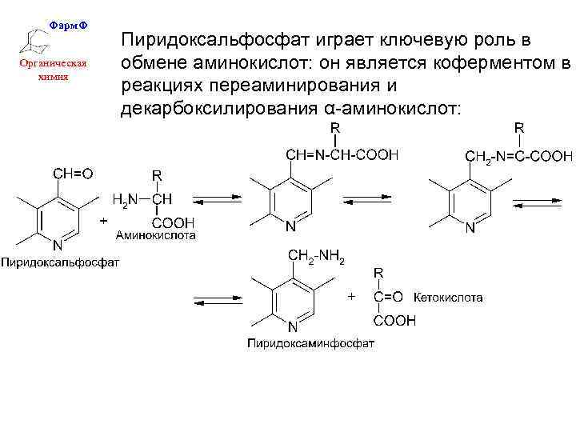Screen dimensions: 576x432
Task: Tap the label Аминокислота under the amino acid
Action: pos(156,235)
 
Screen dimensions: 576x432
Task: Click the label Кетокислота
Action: pos(448,298)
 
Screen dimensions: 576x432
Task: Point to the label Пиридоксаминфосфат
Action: pos(310,344)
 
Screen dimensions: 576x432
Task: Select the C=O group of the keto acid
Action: pos(389,297)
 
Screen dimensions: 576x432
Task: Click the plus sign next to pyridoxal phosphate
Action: pos(103,218)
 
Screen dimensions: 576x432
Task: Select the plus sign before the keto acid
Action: pos(350,297)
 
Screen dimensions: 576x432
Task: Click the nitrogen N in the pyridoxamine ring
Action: pos(294,326)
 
